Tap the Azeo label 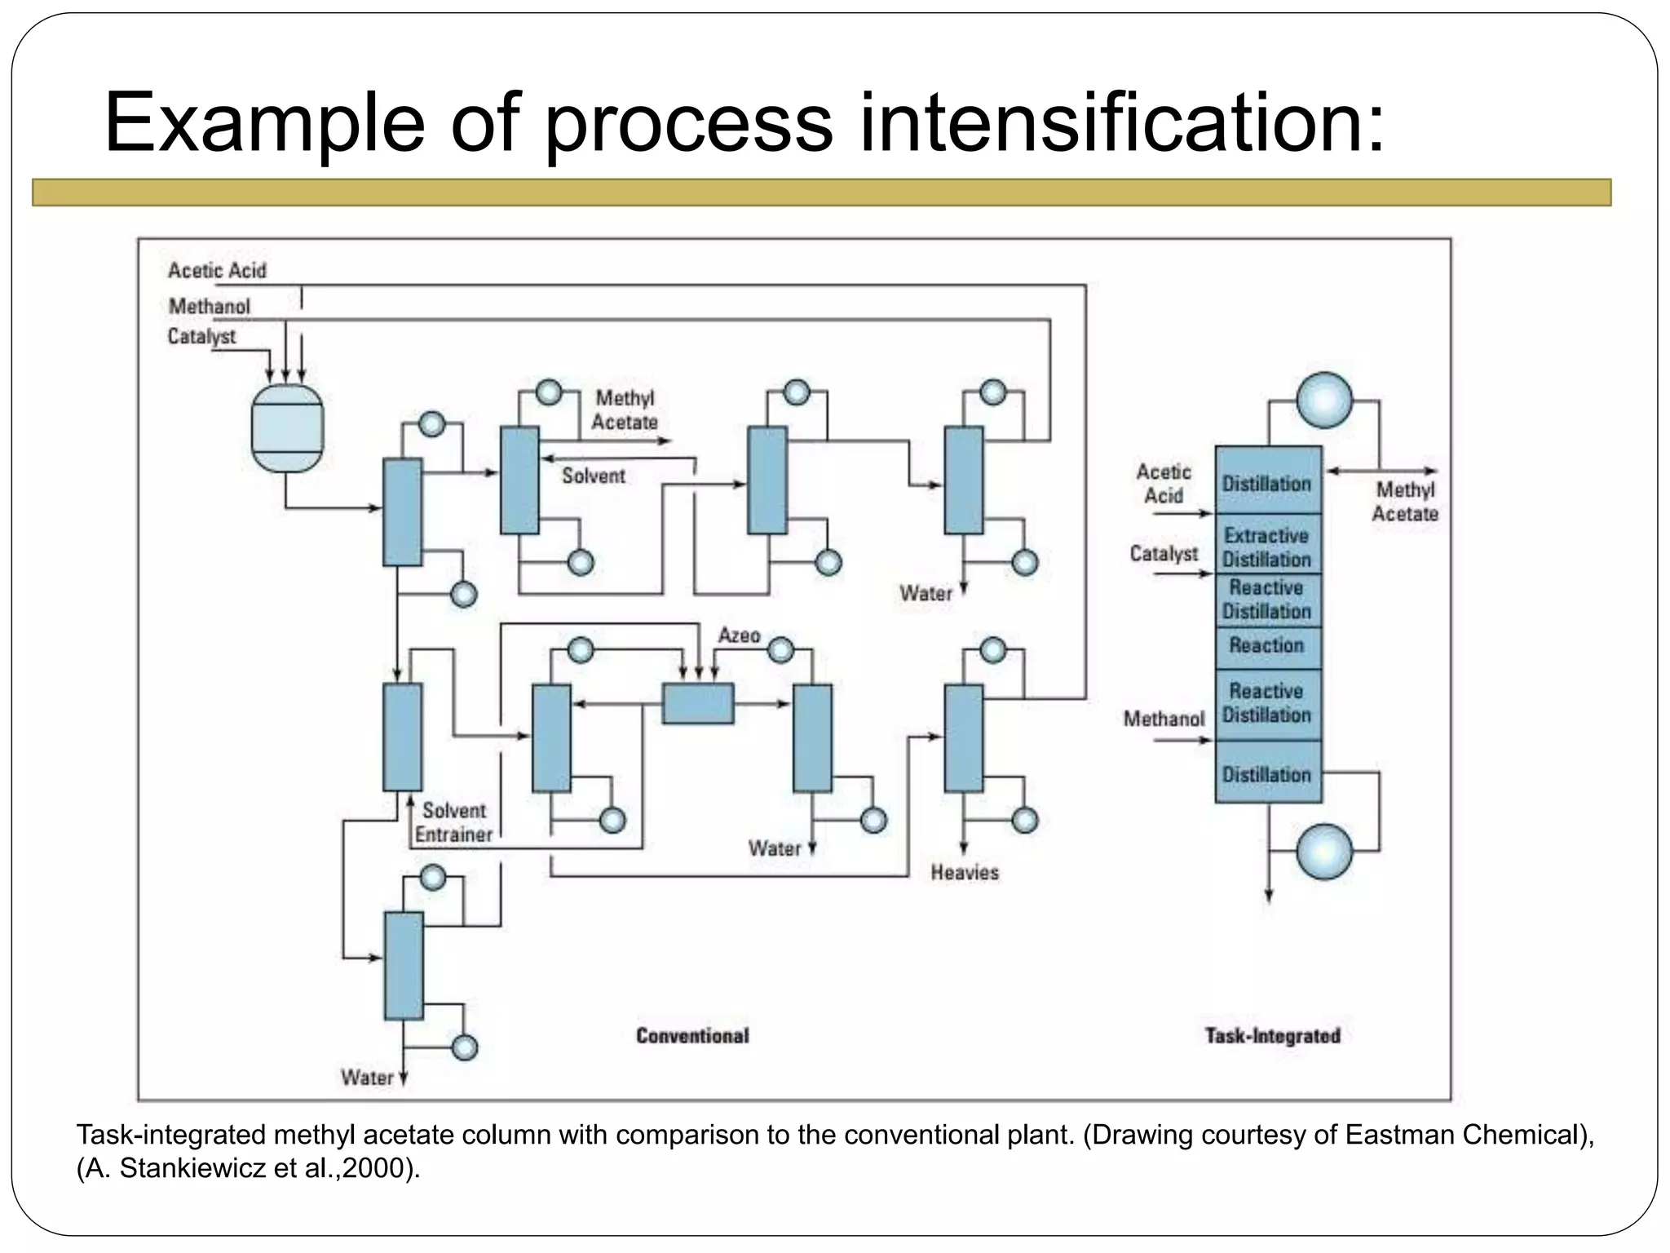click(x=739, y=635)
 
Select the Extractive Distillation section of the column click(x=1267, y=547)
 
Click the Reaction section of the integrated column click(x=1267, y=645)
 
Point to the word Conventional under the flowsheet click(x=692, y=1036)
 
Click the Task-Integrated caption click(x=1272, y=1036)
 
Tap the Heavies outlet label click(x=965, y=873)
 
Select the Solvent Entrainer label click(x=453, y=822)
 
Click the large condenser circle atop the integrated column click(x=1324, y=400)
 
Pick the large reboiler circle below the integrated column click(x=1324, y=851)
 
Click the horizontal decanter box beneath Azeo click(x=697, y=703)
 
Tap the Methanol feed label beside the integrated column click(x=1164, y=719)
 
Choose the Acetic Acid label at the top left click(x=217, y=270)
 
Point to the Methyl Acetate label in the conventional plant click(x=625, y=410)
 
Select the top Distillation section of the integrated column click(x=1267, y=484)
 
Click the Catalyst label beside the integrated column click(x=1164, y=554)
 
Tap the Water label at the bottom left click(x=367, y=1078)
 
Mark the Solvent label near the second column click(x=594, y=476)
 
